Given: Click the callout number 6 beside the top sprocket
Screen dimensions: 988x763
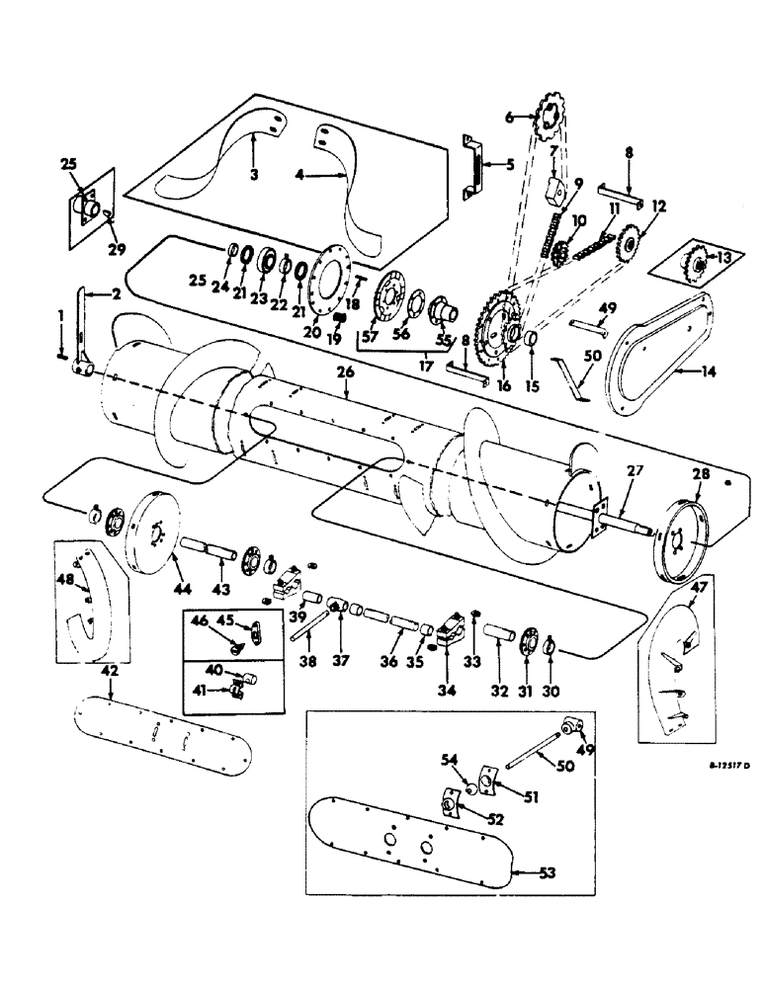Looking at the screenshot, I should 511,117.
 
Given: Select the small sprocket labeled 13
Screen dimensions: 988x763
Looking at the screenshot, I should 696,265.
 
